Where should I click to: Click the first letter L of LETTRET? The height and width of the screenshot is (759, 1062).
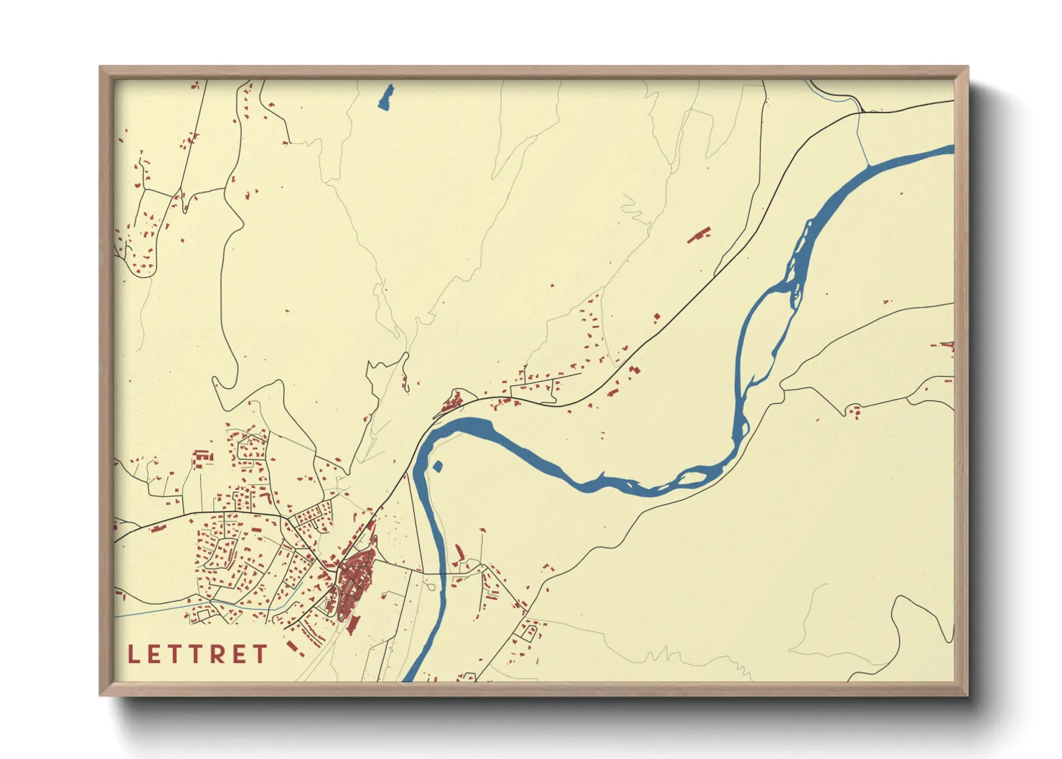click(133, 654)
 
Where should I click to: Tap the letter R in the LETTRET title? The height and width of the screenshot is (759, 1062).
click(216, 654)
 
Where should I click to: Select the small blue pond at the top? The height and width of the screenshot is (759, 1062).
click(387, 97)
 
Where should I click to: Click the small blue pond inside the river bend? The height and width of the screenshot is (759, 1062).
click(438, 467)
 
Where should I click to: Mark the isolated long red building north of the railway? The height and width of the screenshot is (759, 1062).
click(699, 235)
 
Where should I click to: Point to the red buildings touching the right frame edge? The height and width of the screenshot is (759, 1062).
click(948, 346)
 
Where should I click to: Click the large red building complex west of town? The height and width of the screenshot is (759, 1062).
click(203, 456)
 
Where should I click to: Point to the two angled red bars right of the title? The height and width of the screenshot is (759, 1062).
click(298, 650)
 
